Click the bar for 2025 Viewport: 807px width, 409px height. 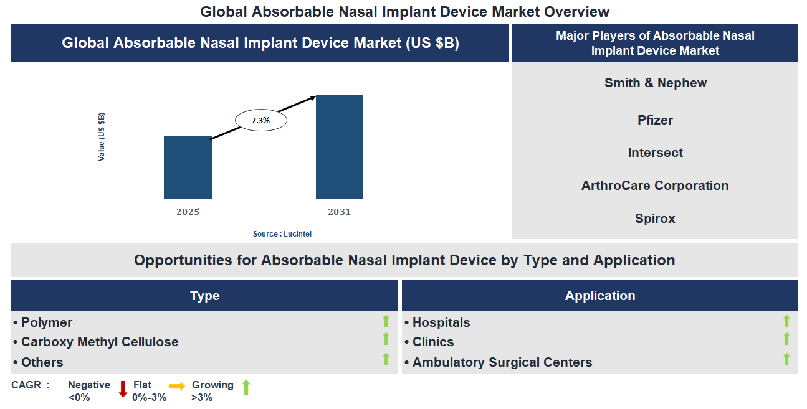coord(188,167)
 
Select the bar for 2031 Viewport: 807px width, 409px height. coord(340,147)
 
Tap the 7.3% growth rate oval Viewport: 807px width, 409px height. coord(260,121)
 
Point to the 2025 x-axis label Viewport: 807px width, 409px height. coord(188,212)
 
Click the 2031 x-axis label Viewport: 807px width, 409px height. coord(340,212)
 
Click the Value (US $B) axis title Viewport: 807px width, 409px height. coord(102,137)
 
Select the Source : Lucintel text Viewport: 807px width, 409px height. coord(282,234)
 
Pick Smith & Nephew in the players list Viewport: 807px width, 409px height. coord(655,83)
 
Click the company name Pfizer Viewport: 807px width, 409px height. coord(655,120)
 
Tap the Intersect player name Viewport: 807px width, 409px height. coord(655,153)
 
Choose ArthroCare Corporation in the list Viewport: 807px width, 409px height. coord(655,186)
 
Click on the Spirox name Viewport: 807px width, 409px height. coord(655,219)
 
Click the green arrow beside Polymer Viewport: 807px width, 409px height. coord(386,321)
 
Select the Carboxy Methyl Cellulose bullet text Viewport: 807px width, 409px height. coord(100,342)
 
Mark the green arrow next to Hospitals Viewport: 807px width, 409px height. coord(786,321)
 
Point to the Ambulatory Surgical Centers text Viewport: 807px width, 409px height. coord(502,362)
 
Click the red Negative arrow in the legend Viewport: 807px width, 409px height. coord(123,389)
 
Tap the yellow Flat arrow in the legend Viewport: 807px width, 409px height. coord(177,387)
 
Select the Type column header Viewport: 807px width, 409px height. coord(204,296)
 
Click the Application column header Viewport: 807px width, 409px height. coord(599,296)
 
